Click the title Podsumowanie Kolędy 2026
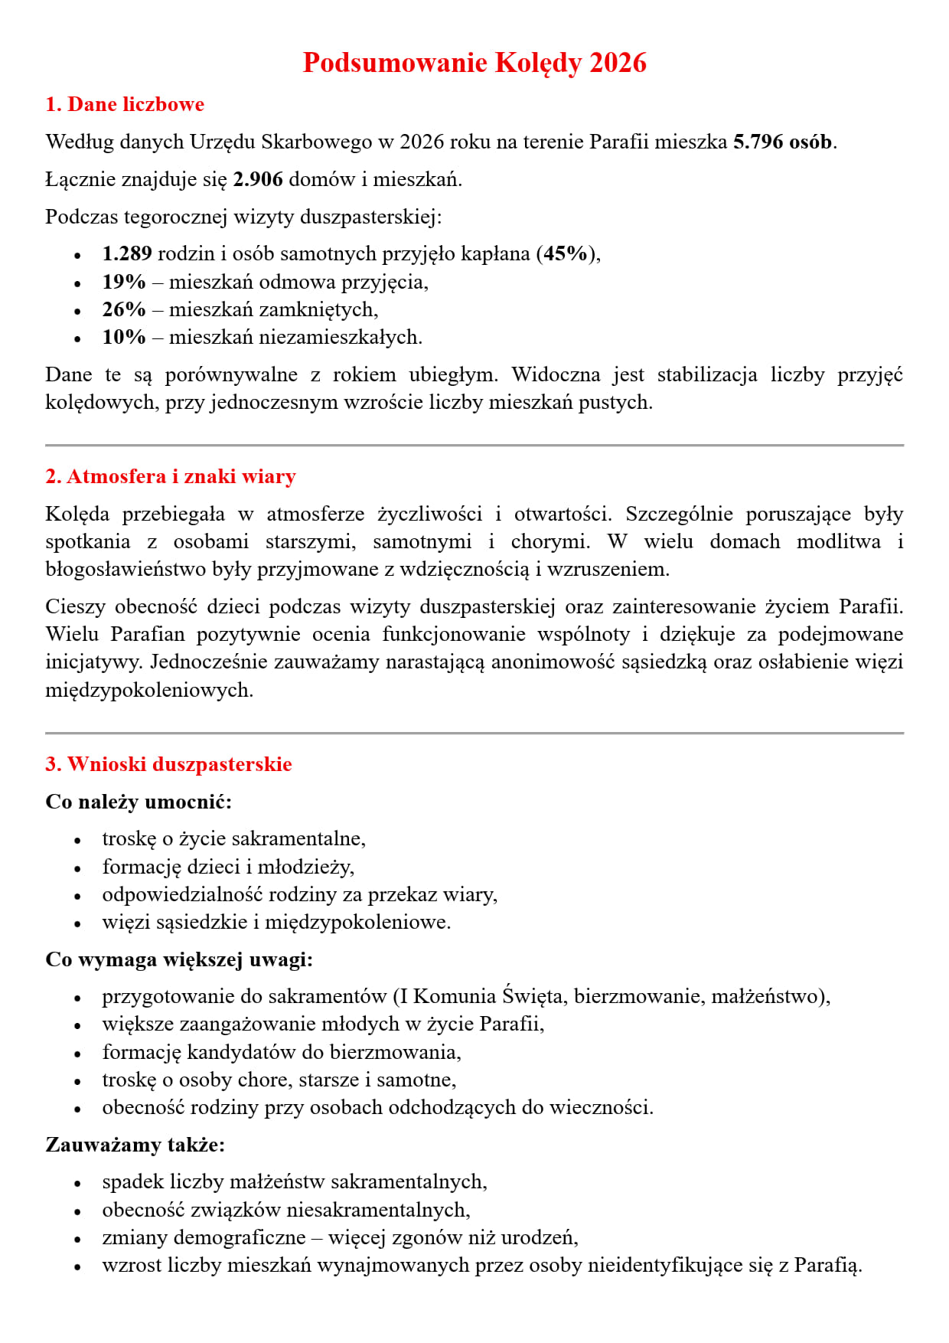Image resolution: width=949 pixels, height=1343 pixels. click(x=475, y=63)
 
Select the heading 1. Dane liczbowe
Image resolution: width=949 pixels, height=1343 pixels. click(x=125, y=104)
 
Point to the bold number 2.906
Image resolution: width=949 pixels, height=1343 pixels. click(x=258, y=179)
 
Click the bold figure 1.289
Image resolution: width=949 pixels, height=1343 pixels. click(x=127, y=253)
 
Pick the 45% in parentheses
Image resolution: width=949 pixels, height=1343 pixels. click(x=566, y=253)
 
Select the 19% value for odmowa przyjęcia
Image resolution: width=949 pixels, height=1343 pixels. click(x=124, y=282)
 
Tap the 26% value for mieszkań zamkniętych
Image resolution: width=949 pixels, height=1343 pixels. click(x=124, y=309)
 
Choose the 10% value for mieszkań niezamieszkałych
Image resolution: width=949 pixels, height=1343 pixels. click(x=124, y=337)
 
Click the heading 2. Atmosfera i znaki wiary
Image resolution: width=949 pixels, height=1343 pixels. click(x=171, y=476)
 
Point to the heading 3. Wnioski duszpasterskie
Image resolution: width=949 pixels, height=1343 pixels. click(x=168, y=764)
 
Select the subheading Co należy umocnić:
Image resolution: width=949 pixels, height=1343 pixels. click(x=139, y=802)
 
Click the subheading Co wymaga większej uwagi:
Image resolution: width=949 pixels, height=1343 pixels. click(x=179, y=959)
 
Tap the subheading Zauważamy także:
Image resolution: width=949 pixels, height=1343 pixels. click(x=135, y=1145)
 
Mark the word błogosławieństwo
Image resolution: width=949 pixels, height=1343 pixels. click(x=126, y=569)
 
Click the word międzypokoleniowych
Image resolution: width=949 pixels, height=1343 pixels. click(x=149, y=690)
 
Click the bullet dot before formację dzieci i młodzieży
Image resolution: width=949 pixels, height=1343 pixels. click(x=77, y=868)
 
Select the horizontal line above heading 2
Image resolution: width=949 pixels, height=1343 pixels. click(x=475, y=445)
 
